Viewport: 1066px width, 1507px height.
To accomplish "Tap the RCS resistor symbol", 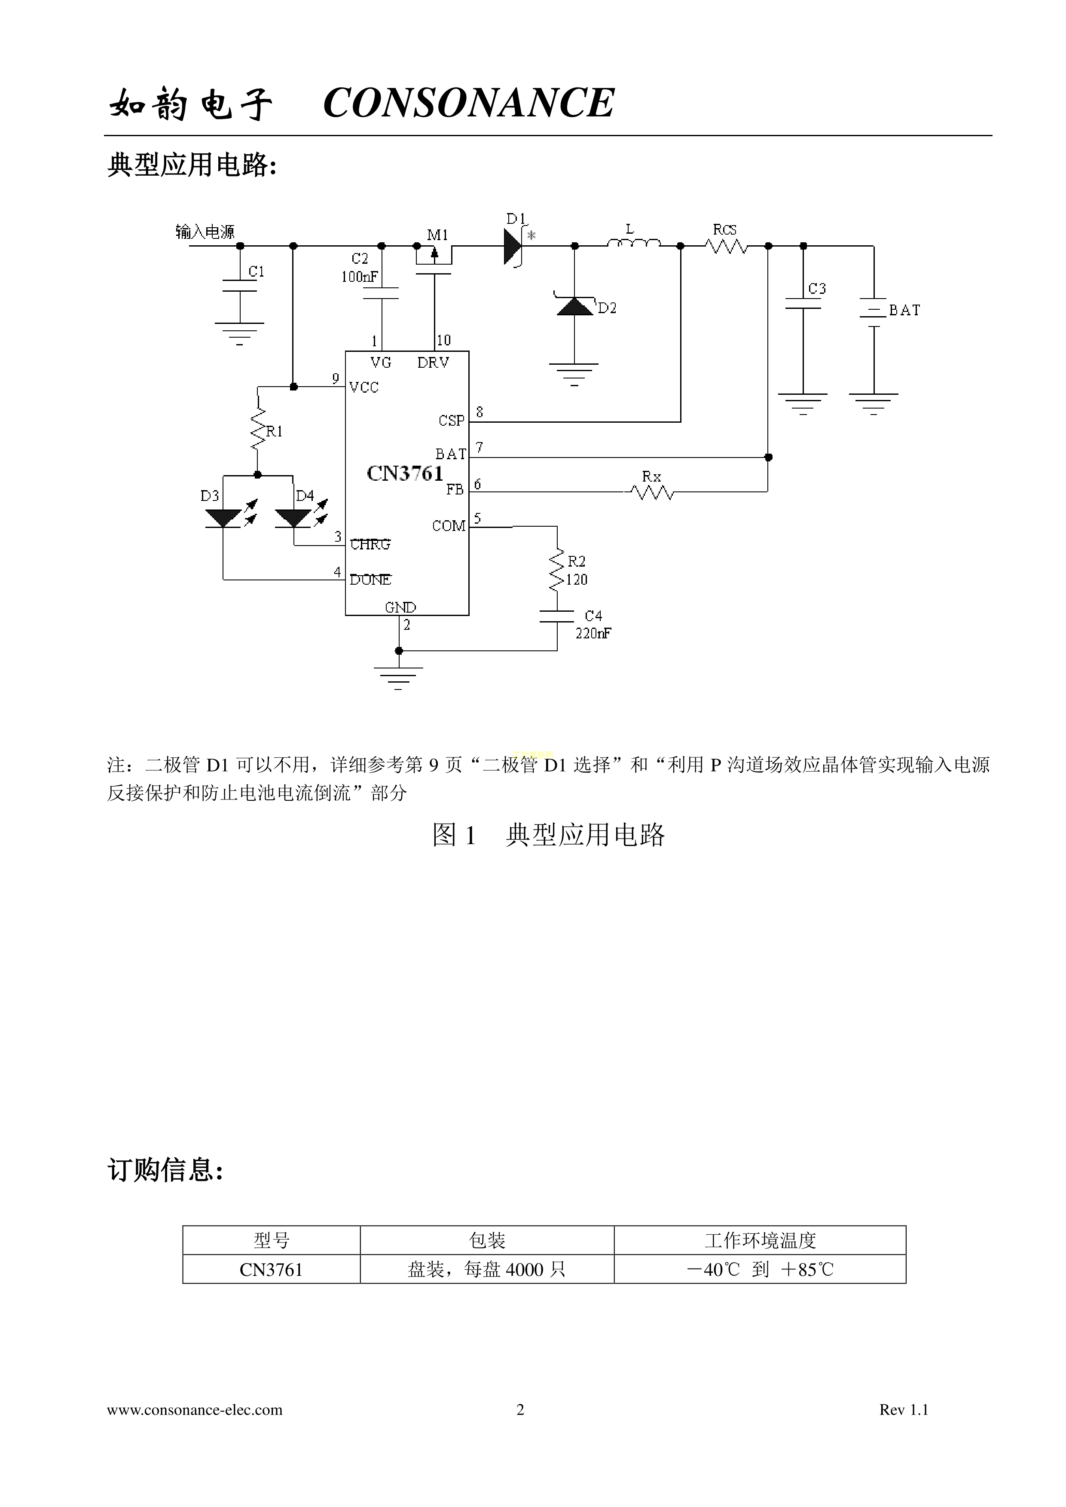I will click(x=726, y=246).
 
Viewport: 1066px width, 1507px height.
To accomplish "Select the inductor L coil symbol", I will click(x=633, y=244).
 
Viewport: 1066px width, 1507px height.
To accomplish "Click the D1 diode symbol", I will click(x=513, y=247).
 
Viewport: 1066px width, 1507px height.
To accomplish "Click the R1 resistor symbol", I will click(x=258, y=430).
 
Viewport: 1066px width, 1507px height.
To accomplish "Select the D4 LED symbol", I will click(x=293, y=518).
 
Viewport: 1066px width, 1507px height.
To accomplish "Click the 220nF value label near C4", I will click(x=593, y=633).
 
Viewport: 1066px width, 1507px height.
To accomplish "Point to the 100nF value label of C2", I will click(x=359, y=277).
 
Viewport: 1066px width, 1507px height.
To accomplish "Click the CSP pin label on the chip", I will click(x=451, y=421).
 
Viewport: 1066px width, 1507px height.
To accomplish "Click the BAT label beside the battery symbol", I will click(x=904, y=311).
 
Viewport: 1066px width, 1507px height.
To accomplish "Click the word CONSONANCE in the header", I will click(x=469, y=104).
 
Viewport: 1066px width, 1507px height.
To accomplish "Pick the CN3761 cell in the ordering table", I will click(x=271, y=1269).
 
